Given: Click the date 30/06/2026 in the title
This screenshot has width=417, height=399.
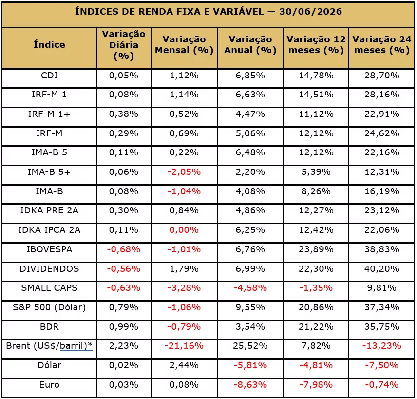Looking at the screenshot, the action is click(310, 12).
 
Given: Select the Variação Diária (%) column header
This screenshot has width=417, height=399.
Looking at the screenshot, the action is click(124, 45).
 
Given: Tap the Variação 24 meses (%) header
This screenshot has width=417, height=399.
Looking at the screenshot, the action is click(381, 45).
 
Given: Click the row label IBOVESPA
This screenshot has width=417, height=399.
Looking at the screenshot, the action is click(49, 249).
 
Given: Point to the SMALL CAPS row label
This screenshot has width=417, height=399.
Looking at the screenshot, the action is click(49, 288).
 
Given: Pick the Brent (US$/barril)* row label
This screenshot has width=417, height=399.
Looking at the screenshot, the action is click(49, 346).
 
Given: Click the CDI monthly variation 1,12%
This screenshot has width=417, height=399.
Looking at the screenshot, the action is click(184, 76).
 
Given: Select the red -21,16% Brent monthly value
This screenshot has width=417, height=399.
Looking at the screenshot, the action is click(184, 346).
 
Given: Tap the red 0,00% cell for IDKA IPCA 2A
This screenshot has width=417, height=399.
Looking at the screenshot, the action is click(184, 230).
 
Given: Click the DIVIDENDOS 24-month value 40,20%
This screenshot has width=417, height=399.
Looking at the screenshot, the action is click(381, 268).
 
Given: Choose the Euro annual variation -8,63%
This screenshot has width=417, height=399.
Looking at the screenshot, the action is click(250, 385).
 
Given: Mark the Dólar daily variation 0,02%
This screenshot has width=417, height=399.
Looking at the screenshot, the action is click(124, 365).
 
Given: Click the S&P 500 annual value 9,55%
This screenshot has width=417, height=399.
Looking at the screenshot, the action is click(250, 307).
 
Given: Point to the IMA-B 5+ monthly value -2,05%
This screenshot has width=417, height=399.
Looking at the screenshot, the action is click(184, 172).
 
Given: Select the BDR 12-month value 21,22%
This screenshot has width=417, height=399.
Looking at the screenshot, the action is click(316, 326).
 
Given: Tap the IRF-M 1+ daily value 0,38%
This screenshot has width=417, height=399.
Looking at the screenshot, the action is click(124, 114).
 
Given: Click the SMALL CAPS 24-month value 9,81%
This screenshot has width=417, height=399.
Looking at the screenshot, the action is click(381, 288).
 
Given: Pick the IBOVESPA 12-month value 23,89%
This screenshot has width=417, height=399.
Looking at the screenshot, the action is click(316, 249).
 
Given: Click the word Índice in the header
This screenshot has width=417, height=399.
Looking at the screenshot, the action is click(49, 44).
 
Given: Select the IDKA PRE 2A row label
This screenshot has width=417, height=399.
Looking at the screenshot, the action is click(49, 210).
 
